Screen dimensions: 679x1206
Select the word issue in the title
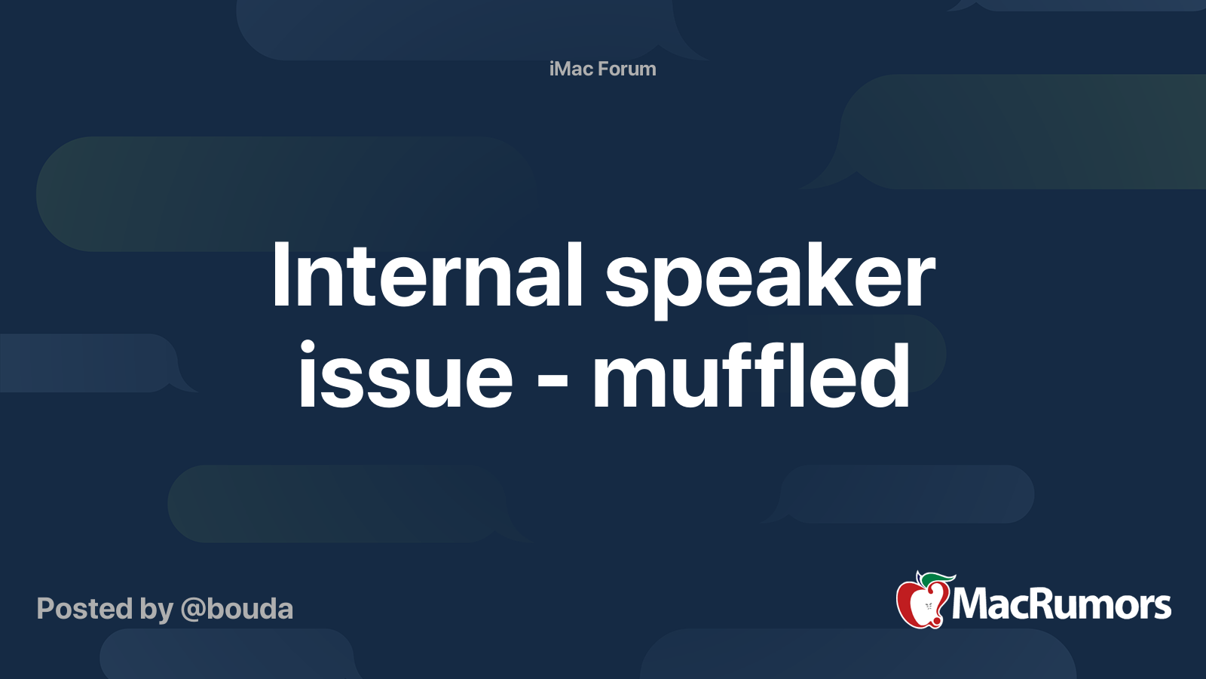(x=406, y=376)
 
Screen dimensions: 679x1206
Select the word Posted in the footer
(x=84, y=609)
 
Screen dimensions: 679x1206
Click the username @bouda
(x=237, y=609)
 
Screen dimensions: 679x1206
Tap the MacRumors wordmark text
(x=1061, y=604)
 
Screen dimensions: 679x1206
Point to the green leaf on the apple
(x=937, y=579)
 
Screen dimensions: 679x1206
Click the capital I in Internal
(x=280, y=275)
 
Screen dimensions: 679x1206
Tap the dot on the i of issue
(x=308, y=348)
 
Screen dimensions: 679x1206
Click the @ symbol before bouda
(x=192, y=610)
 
